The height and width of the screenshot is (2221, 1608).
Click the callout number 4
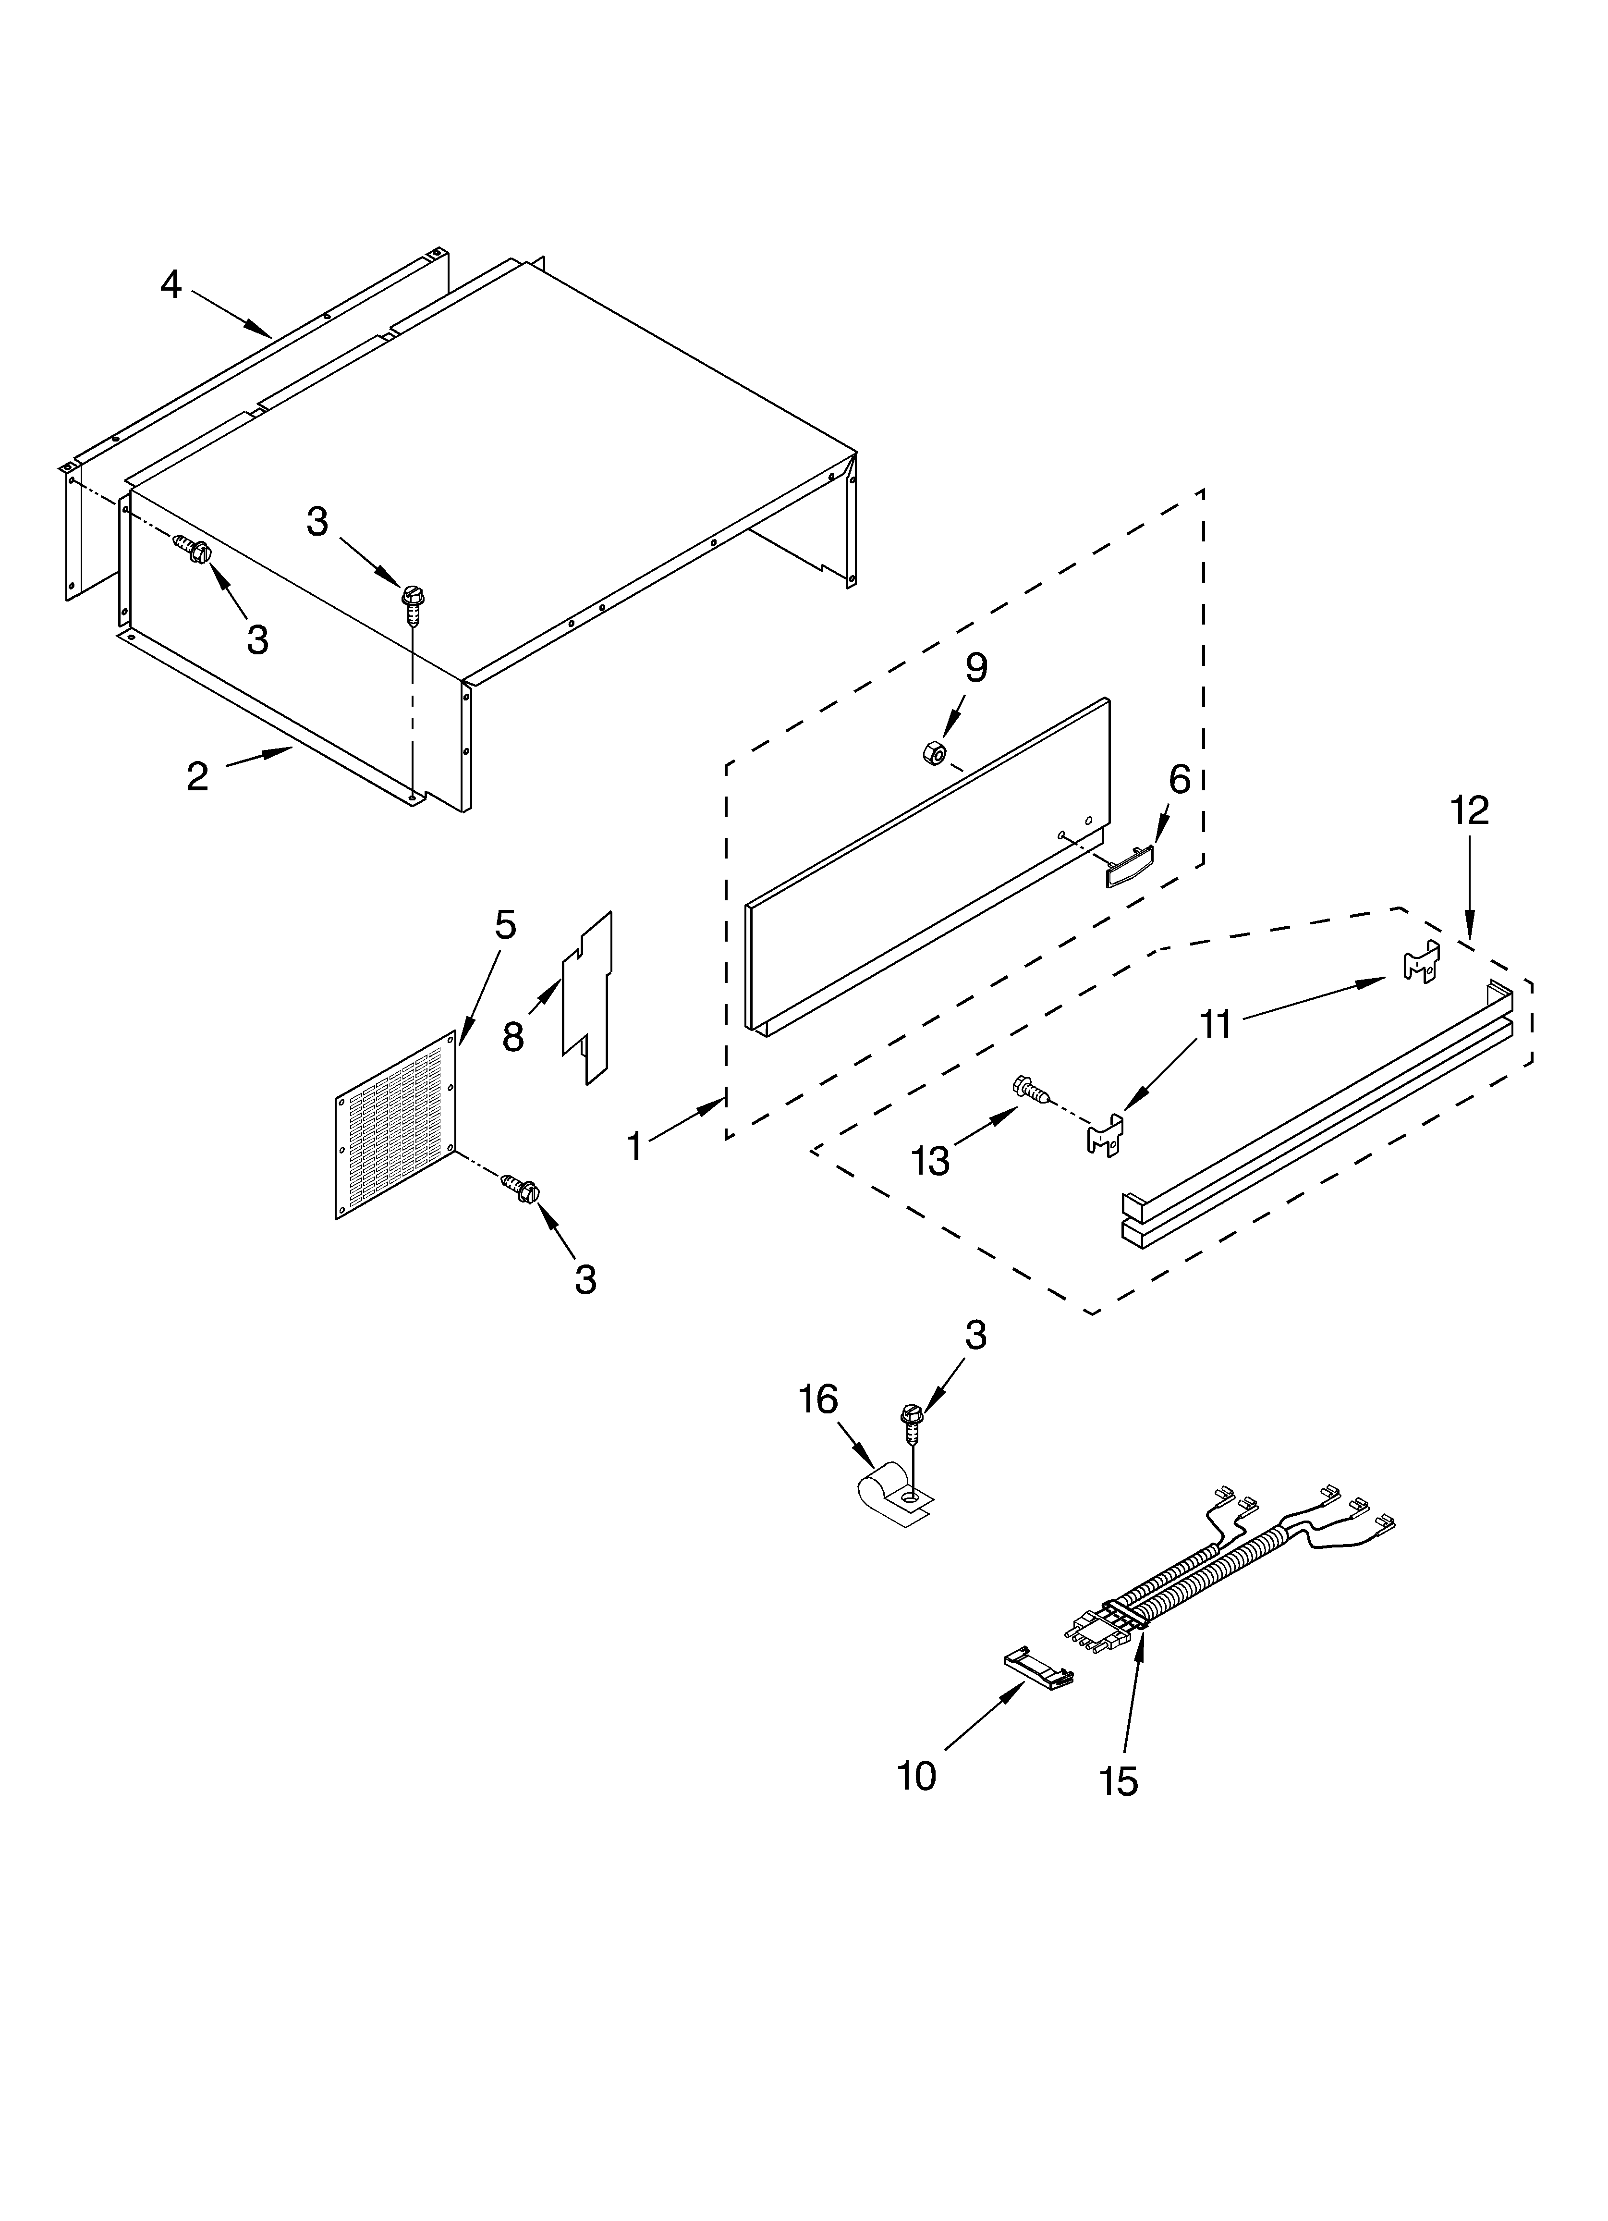coord(171,285)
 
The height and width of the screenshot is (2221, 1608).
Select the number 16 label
coord(818,1400)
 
